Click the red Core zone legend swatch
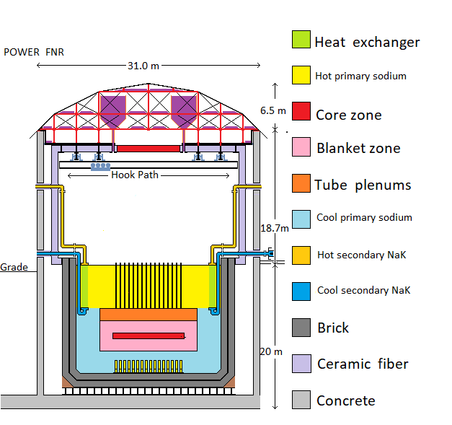tap(301, 113)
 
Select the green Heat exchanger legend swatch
tap(301, 40)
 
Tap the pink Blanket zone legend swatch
tap(301, 148)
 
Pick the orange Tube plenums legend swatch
tap(301, 183)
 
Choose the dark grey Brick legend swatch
tap(301, 328)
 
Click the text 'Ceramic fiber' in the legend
tap(363, 364)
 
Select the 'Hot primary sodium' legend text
tap(360, 76)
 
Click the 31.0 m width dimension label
tap(143, 66)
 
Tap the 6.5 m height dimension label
tap(272, 110)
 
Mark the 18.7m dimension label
tap(274, 228)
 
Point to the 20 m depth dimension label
tap(272, 351)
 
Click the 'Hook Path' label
tap(135, 175)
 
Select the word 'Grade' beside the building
tap(14, 267)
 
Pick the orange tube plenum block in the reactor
tap(148, 315)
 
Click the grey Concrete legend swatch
tap(301, 400)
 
